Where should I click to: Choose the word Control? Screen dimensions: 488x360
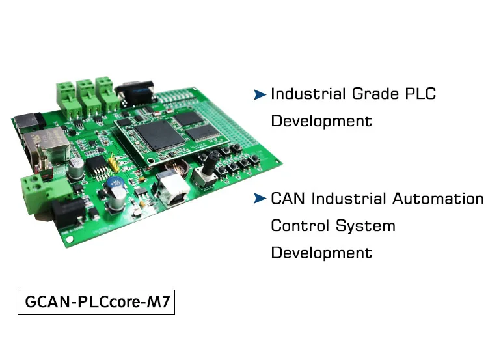299,226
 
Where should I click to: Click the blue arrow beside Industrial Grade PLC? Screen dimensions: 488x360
260,95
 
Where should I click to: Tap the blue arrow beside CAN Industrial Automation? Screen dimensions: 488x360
260,199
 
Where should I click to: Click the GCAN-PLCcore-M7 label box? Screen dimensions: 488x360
96,303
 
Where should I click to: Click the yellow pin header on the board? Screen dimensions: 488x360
115,161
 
